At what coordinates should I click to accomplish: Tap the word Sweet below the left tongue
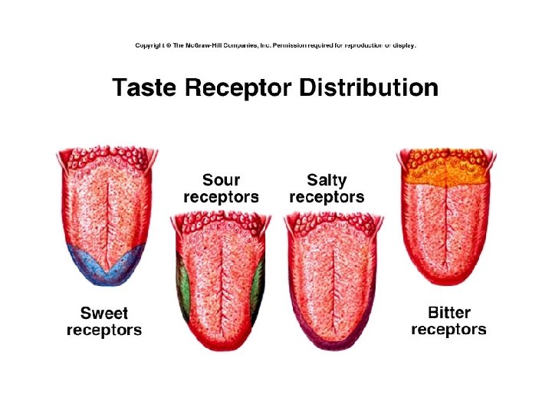point(104,314)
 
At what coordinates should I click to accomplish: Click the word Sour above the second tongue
point(221,181)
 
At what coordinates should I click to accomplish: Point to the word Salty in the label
point(327,181)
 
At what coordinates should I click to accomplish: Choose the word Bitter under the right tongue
point(449,313)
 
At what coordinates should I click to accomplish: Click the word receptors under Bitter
point(449,330)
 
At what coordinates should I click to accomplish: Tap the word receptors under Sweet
point(104,330)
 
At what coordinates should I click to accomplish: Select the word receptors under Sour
point(221,197)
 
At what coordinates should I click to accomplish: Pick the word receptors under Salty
point(327,197)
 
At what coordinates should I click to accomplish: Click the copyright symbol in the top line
point(167,46)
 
